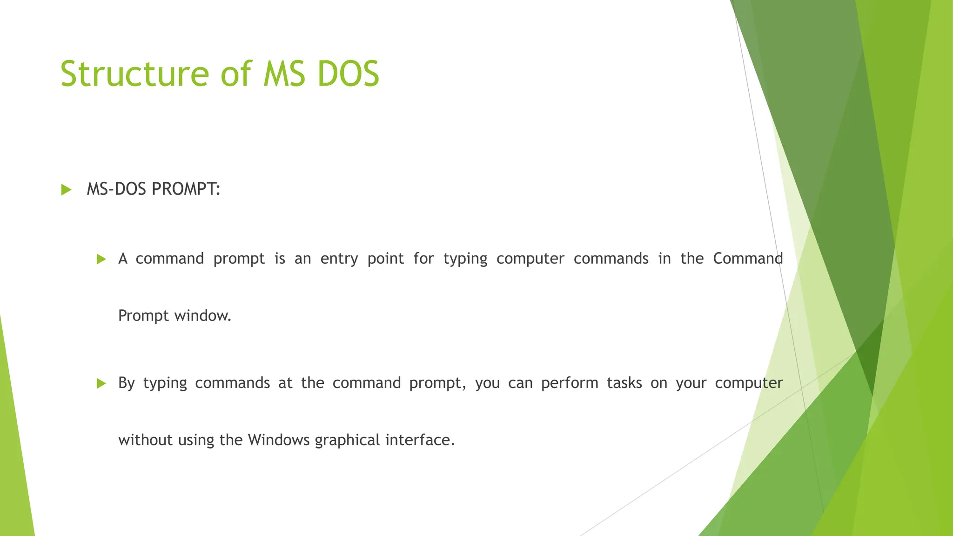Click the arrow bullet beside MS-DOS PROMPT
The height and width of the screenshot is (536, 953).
[66, 190]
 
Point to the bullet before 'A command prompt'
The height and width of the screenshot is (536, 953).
[101, 259]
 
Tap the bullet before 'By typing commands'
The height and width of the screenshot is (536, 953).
[101, 383]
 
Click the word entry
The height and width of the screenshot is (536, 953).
[339, 259]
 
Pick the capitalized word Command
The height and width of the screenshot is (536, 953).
[748, 259]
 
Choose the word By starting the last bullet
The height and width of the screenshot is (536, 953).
[126, 383]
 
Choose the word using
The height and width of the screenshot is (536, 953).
[196, 440]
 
